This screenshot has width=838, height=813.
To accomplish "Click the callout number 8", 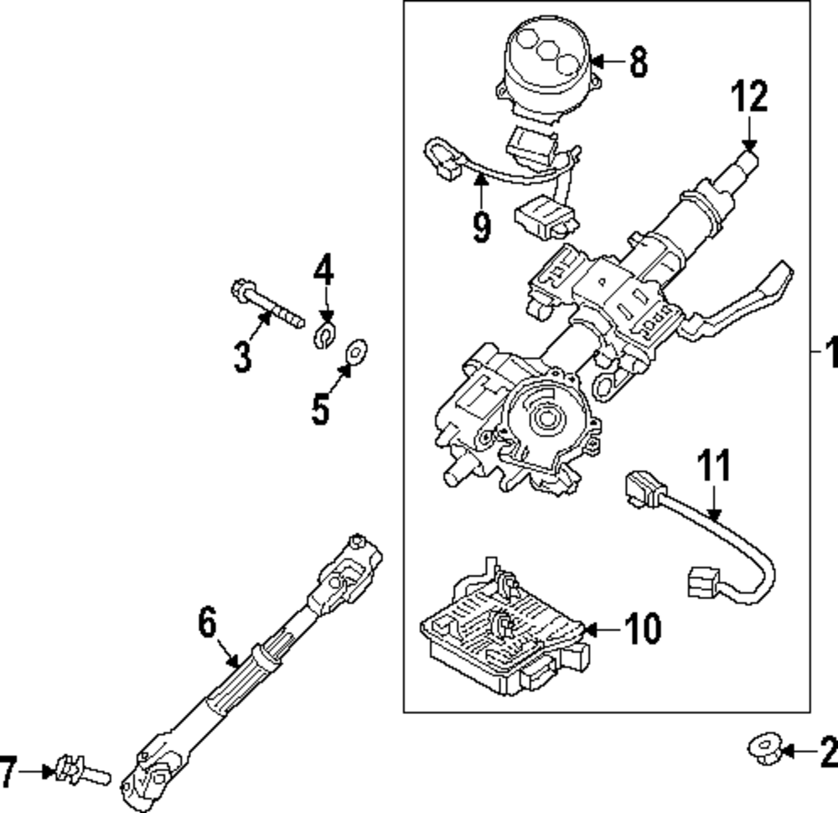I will [x=639, y=61].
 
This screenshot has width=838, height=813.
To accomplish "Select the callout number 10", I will [x=642, y=628].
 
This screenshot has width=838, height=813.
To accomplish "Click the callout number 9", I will [x=481, y=226].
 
